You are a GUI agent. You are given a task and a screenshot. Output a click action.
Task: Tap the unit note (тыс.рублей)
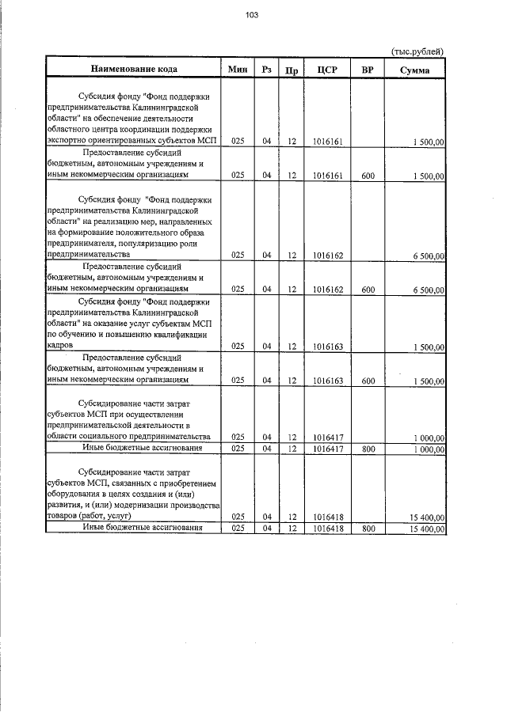(x=417, y=51)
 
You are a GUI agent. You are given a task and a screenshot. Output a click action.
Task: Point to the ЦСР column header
(x=327, y=70)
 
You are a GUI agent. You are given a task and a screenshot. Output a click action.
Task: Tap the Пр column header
(x=292, y=70)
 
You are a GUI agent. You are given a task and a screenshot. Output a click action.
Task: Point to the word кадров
(x=61, y=346)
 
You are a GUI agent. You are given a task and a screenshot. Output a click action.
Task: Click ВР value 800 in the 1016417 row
(x=368, y=449)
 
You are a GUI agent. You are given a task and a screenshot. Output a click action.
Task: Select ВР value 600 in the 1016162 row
(x=368, y=290)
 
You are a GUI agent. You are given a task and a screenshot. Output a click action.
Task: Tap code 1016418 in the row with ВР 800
(x=327, y=528)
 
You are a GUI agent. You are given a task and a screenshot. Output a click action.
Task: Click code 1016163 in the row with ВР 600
(x=327, y=381)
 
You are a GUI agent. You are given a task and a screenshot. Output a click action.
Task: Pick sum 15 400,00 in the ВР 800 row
(x=427, y=528)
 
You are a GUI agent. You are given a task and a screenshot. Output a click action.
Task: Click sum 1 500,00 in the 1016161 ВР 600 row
(x=429, y=176)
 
